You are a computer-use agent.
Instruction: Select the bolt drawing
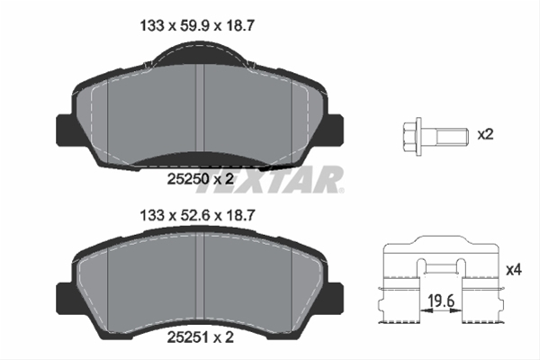click(x=431, y=137)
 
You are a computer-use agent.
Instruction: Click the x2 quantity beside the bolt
click(x=485, y=135)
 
